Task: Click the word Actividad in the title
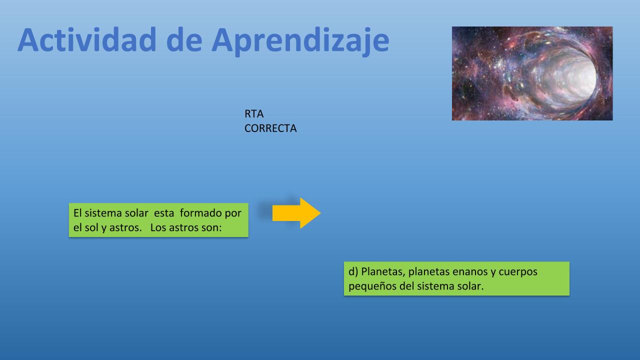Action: click(87, 39)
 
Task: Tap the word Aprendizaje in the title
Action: click(300, 41)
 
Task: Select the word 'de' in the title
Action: click(184, 39)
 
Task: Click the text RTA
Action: click(254, 113)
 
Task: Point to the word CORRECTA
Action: click(270, 128)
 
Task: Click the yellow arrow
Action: click(296, 213)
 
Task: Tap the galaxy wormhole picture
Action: click(532, 73)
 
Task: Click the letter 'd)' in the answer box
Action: click(353, 271)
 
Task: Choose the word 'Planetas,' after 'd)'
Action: click(383, 271)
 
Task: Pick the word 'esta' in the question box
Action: click(164, 213)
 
